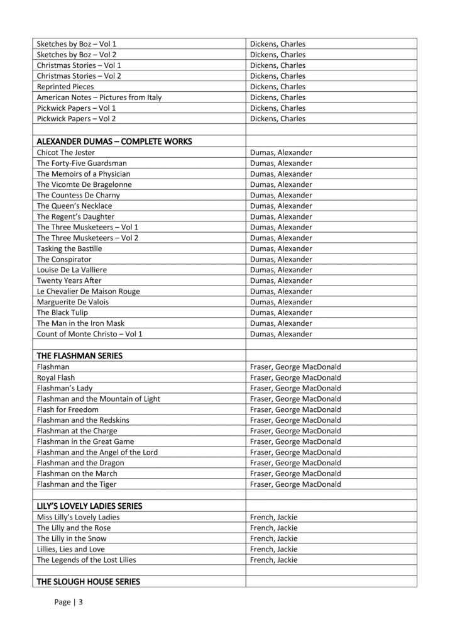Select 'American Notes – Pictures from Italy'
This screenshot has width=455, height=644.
[x=99, y=97]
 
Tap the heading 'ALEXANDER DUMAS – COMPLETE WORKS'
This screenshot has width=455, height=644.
[x=114, y=141]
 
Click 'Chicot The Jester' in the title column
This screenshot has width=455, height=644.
[x=66, y=152]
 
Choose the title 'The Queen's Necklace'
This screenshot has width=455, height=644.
[x=74, y=206]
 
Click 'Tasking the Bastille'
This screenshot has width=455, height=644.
[x=69, y=248]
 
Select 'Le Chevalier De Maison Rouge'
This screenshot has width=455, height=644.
[x=89, y=291]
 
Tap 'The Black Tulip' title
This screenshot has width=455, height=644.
[x=62, y=313]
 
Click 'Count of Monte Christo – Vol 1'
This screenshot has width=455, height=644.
[x=90, y=334]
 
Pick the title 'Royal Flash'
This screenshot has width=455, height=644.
[x=56, y=377]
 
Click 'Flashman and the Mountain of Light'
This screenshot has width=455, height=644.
[x=99, y=399]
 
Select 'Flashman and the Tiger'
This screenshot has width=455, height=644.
[x=77, y=484]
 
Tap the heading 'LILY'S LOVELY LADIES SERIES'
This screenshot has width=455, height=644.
[x=89, y=506]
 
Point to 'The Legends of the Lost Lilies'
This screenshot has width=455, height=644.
[x=87, y=560]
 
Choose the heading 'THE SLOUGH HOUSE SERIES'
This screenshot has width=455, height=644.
[x=89, y=582]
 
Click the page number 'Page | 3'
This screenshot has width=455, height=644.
[x=69, y=602]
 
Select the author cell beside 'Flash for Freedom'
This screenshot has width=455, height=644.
[x=295, y=409]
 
